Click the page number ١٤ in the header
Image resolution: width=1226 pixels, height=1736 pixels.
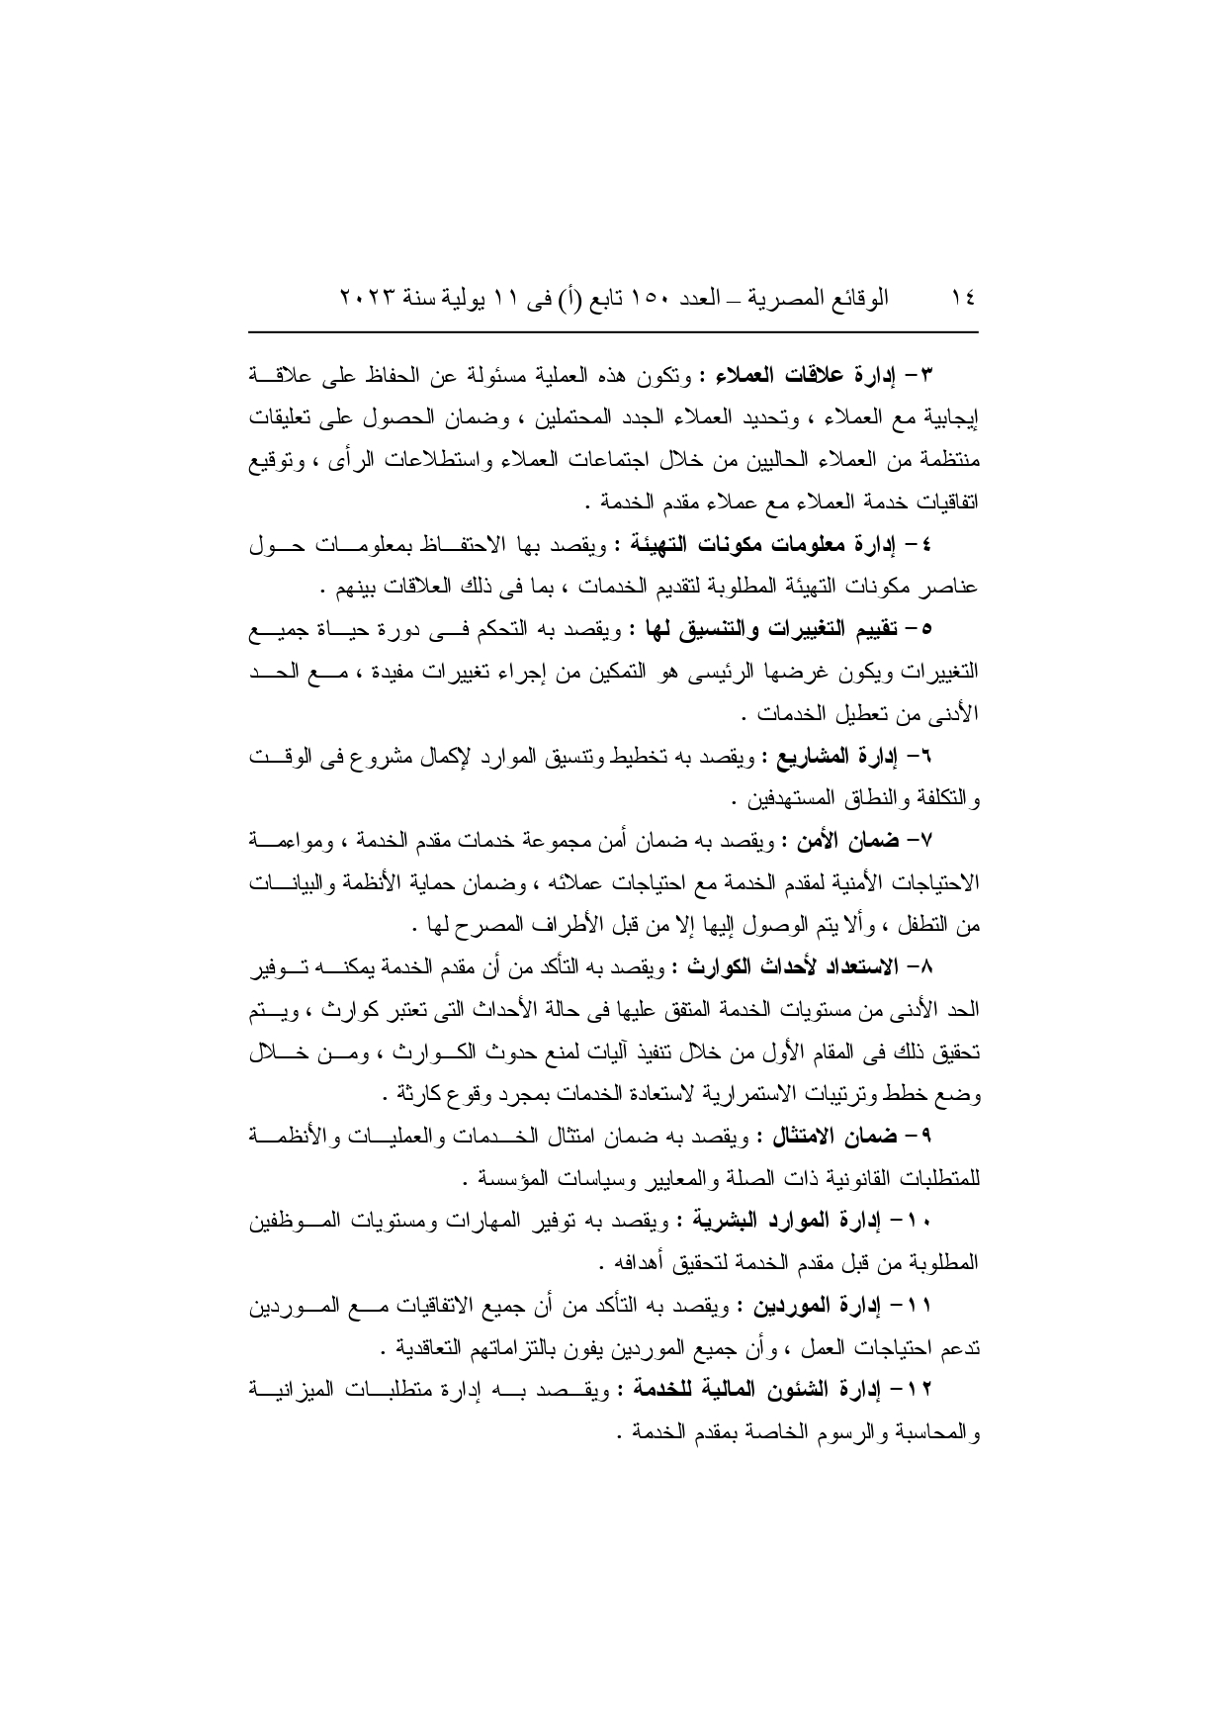click(962, 297)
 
